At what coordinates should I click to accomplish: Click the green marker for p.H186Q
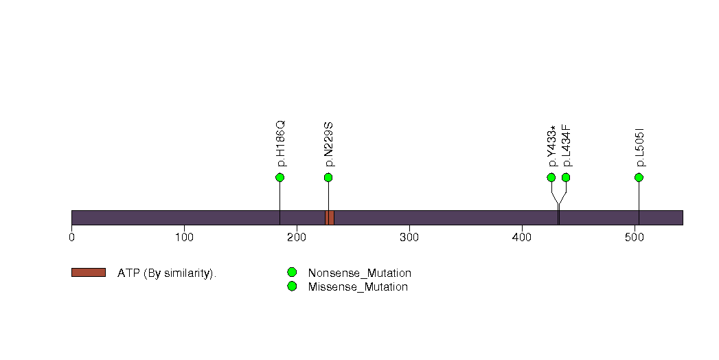(x=279, y=177)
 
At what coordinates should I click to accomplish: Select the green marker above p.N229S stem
(x=328, y=177)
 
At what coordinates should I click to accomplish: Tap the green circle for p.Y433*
(x=551, y=177)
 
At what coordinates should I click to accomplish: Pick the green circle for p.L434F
(x=566, y=177)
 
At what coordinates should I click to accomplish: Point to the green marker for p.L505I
(x=639, y=177)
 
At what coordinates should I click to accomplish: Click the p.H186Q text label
(x=281, y=144)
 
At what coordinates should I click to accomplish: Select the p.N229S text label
(x=329, y=145)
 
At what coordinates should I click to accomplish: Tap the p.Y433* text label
(x=552, y=146)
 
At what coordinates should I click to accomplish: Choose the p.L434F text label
(x=567, y=146)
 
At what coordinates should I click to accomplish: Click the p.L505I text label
(x=640, y=148)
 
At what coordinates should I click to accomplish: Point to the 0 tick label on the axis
(x=71, y=238)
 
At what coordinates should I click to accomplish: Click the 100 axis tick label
(x=184, y=238)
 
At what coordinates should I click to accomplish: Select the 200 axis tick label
(x=297, y=238)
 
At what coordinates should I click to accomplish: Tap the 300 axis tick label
(x=409, y=238)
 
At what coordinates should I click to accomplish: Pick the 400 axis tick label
(x=522, y=238)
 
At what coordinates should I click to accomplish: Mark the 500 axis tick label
(x=635, y=238)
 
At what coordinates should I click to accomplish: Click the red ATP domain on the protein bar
(x=329, y=218)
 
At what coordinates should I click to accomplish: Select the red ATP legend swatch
(x=89, y=273)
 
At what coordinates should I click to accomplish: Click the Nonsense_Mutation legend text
(x=360, y=273)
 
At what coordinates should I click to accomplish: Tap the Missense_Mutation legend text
(x=358, y=286)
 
